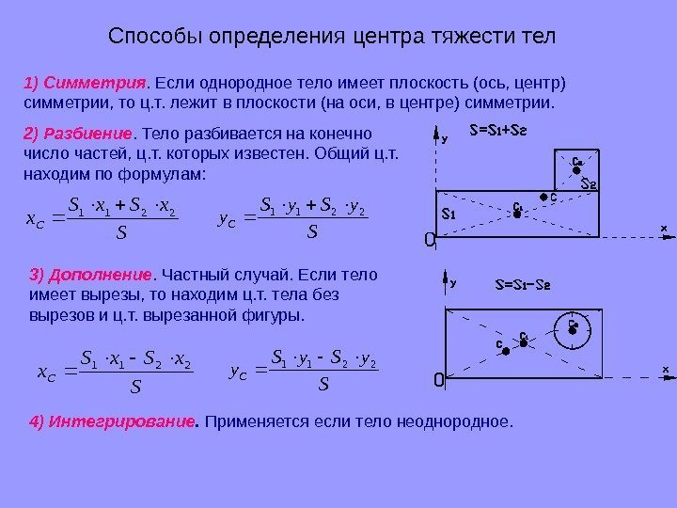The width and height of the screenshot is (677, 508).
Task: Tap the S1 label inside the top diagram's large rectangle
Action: click(x=449, y=214)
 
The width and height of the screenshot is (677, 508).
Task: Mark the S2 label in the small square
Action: click(x=588, y=183)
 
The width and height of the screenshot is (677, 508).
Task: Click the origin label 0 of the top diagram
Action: click(x=429, y=242)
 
